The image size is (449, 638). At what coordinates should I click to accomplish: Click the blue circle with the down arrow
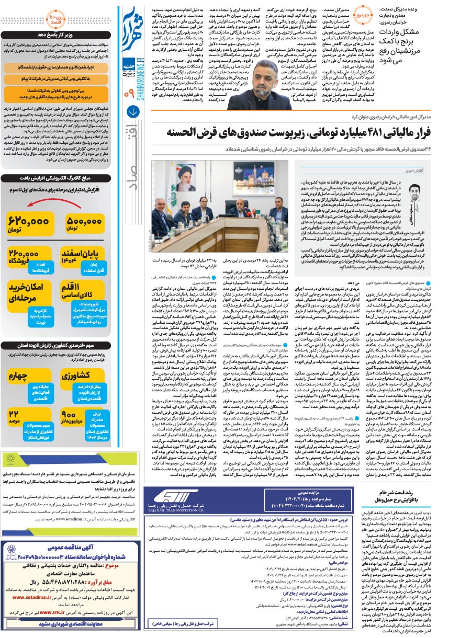pos(130,111)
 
